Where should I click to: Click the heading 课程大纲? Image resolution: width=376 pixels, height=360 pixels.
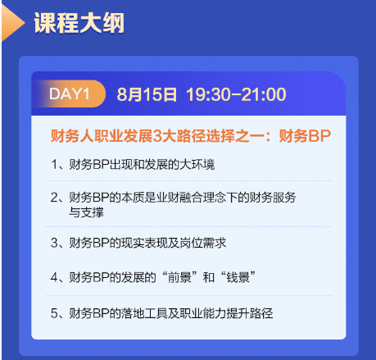[x=79, y=24]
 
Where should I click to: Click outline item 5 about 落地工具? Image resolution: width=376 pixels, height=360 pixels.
[x=161, y=312]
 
